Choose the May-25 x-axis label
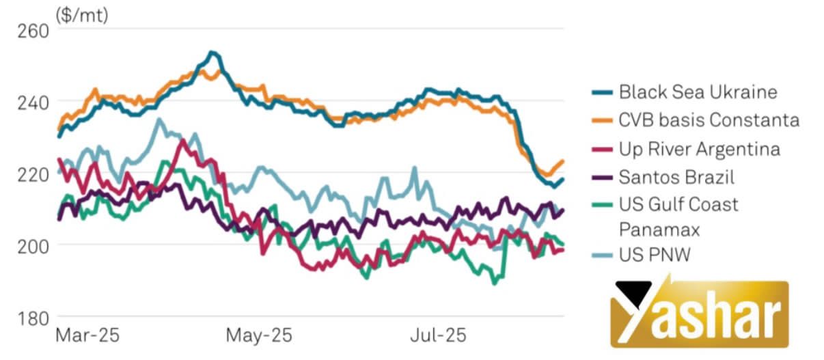[259, 335]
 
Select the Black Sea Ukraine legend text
[698, 92]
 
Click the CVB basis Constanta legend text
[709, 120]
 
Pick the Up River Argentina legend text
[699, 149]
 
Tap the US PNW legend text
[655, 255]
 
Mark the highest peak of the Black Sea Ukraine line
[212, 53]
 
